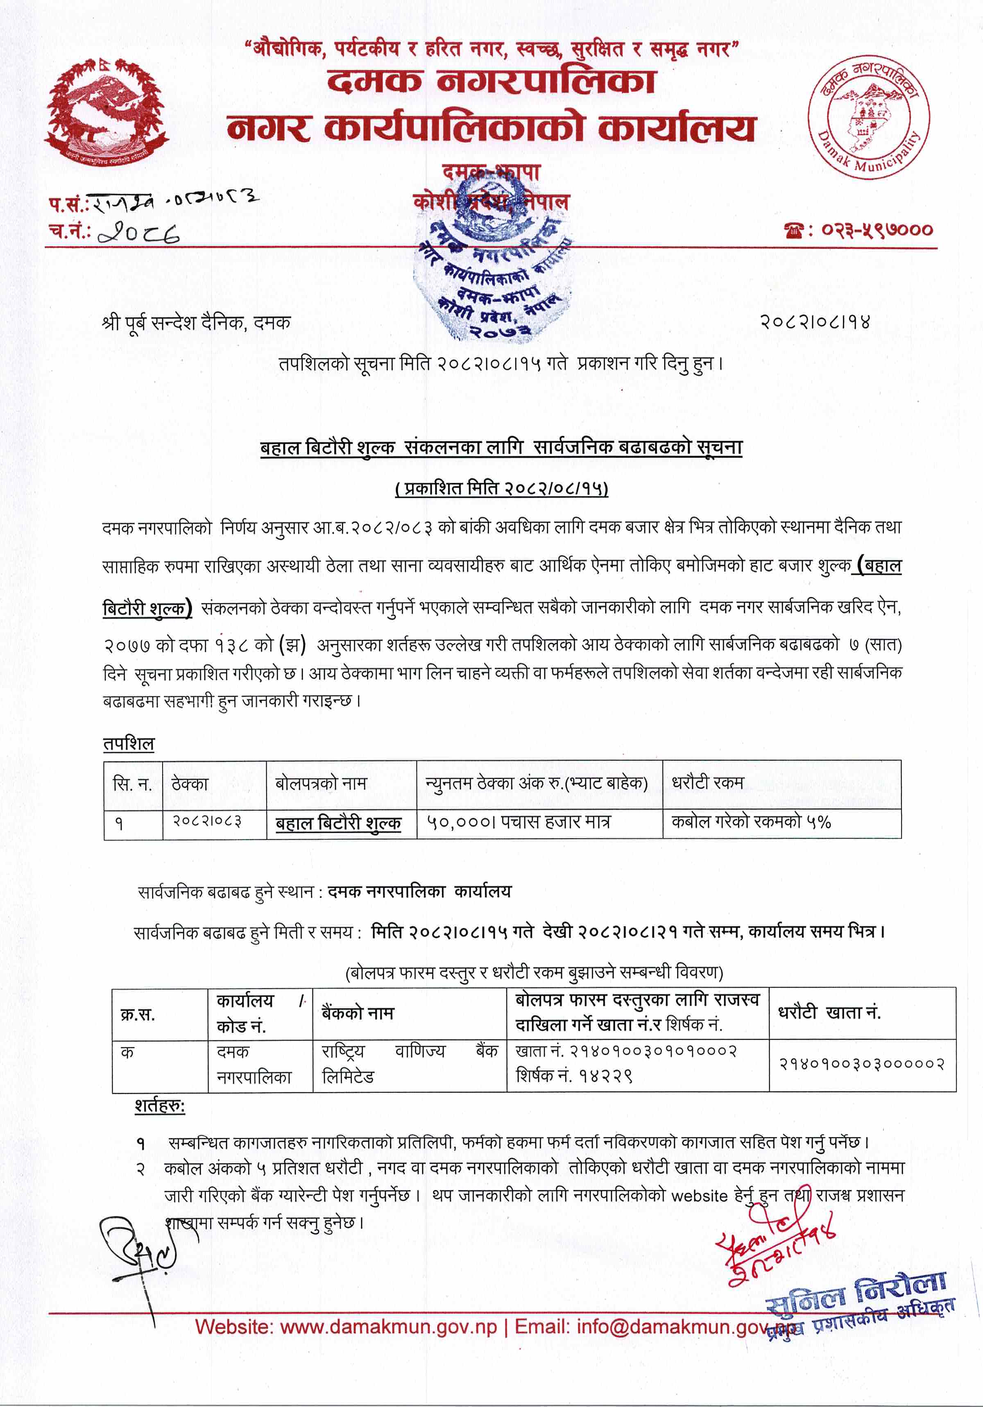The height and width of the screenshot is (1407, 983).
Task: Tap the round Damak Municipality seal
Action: click(868, 116)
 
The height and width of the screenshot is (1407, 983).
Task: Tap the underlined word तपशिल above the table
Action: click(129, 744)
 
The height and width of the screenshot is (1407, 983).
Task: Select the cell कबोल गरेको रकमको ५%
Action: click(751, 822)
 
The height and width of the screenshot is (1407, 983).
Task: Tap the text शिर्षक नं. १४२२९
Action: click(573, 1077)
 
